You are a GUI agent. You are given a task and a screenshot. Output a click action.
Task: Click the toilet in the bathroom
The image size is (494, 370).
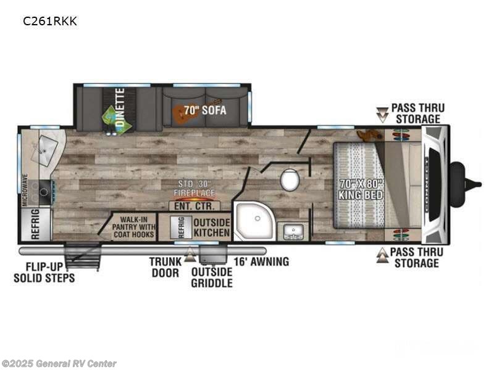[x=290, y=179]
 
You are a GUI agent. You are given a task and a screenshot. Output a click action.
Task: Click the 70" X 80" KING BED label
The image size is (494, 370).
[x=361, y=189]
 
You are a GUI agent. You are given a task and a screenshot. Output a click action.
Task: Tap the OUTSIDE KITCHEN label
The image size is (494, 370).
[x=212, y=228]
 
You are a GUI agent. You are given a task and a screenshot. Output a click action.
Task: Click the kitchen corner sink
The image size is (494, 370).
[x=43, y=147]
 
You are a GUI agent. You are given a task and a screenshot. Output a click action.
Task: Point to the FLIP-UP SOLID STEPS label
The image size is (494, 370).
[x=44, y=273]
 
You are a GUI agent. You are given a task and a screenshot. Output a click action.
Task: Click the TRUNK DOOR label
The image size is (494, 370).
[x=165, y=267]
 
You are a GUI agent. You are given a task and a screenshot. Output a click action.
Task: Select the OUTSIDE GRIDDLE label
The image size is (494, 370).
[x=212, y=277]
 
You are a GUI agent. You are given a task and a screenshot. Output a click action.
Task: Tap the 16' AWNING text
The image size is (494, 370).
[x=261, y=261]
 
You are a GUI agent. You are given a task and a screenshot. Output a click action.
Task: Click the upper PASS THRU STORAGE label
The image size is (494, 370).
[x=418, y=113]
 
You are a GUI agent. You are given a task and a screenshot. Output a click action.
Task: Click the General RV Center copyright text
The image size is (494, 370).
[x=60, y=364]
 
